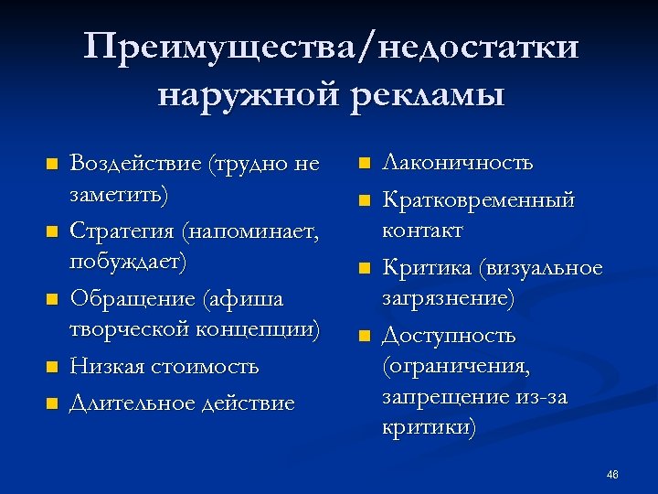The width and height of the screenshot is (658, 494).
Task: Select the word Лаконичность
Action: [x=457, y=163]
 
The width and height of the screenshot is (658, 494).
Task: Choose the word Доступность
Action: [x=449, y=336]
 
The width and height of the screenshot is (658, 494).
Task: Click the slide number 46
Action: [x=612, y=474]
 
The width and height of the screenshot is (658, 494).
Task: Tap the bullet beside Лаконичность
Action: [x=364, y=165]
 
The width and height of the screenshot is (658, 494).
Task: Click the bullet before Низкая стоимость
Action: [x=52, y=368]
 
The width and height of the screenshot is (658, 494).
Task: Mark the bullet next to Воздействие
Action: [x=52, y=166]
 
